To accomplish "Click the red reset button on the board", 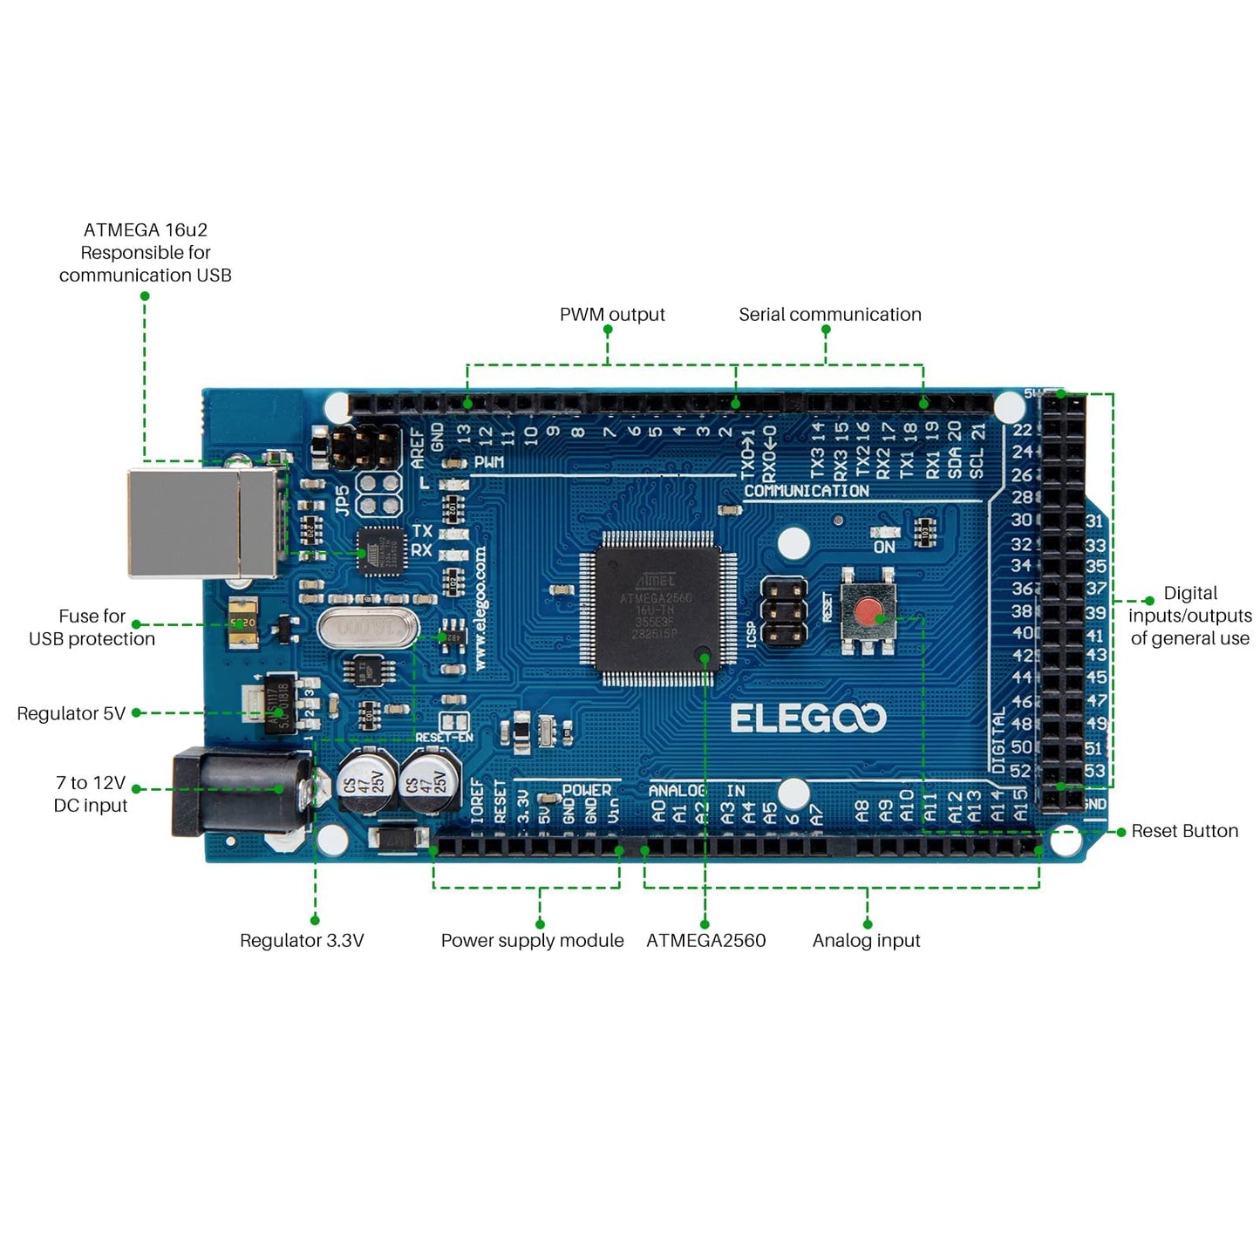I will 868,612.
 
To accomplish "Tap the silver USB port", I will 205,523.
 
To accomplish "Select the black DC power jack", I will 240,793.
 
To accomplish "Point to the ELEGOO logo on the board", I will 807,719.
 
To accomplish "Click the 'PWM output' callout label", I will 612,315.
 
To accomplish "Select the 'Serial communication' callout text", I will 829,315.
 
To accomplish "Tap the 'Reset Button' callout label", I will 1184,831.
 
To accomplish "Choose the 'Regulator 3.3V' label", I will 302,940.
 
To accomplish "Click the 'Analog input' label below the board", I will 866,940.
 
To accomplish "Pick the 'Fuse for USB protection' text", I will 92,628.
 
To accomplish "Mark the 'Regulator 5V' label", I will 72,713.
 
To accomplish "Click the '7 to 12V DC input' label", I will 91,793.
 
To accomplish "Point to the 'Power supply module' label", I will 532,940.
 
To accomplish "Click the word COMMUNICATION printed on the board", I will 806,491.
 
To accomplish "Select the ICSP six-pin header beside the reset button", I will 784,612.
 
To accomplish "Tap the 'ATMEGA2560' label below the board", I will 705,940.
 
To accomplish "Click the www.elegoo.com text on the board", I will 480,608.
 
